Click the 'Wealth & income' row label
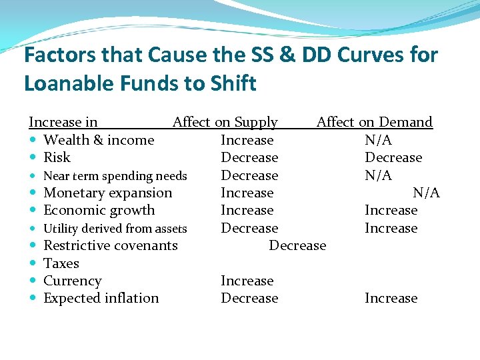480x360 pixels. (98, 140)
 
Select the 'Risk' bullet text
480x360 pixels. (57, 157)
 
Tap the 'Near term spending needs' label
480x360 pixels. (115, 176)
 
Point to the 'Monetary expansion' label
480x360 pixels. (107, 193)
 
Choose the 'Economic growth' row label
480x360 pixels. (99, 210)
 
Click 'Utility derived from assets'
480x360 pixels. (115, 229)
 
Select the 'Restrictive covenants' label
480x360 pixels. (110, 245)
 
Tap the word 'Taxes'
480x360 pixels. (61, 263)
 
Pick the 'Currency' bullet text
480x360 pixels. (72, 281)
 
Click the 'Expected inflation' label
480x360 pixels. (101, 298)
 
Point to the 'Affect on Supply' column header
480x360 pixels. (225, 122)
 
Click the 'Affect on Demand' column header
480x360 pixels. (374, 122)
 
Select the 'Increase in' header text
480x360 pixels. (63, 122)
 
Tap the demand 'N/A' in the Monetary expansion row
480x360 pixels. (426, 193)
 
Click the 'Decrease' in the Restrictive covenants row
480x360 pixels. (297, 245)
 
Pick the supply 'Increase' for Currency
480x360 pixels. (247, 281)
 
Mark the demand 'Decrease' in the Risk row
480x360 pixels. (393, 157)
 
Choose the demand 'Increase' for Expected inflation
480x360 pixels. (391, 298)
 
